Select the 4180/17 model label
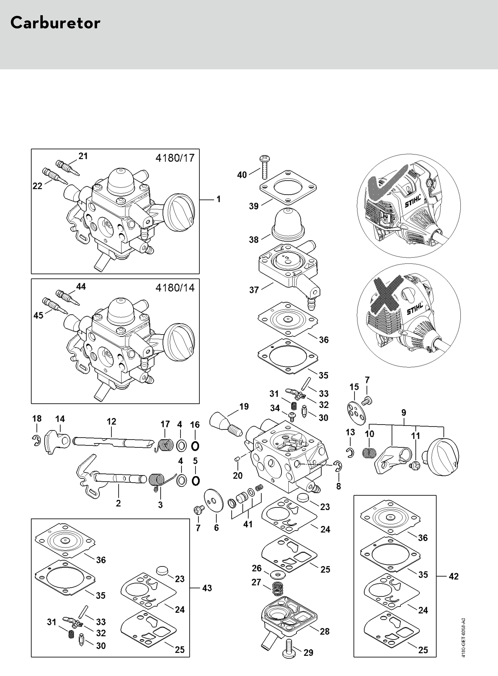point(175,158)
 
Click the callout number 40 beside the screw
point(242,175)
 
